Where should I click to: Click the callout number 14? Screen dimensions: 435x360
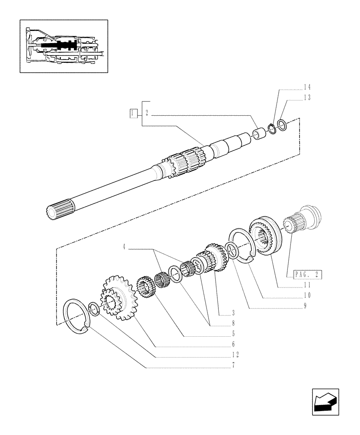click(295, 87)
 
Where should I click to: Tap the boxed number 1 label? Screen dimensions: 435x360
click(133, 114)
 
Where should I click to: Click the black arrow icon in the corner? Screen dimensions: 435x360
click(325, 402)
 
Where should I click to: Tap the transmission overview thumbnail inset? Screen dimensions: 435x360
click(63, 46)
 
